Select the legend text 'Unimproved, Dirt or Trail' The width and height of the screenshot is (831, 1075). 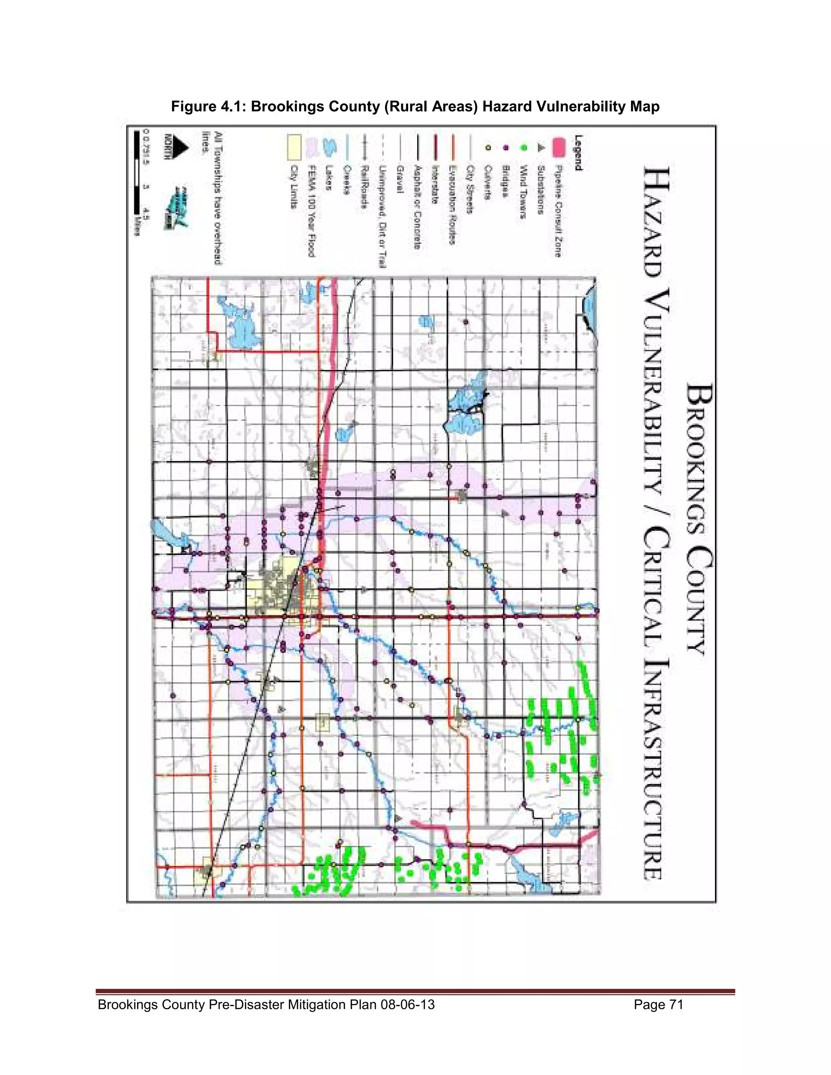tap(382, 217)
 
